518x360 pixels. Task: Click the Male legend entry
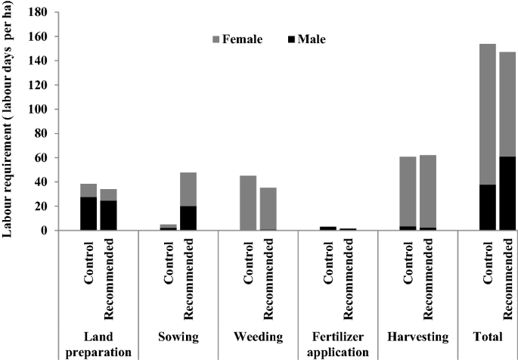coord(306,39)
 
